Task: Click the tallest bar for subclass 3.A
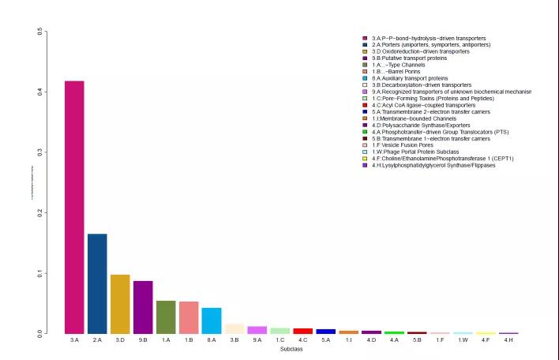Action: [74, 207]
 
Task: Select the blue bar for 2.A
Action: [97, 283]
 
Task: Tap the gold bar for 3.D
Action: [120, 304]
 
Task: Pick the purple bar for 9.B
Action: [143, 307]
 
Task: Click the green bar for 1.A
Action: [166, 317]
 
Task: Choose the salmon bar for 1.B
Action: [189, 317]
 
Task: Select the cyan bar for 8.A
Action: [212, 321]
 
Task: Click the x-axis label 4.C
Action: [303, 340]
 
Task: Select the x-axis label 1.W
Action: [463, 340]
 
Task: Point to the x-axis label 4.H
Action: [509, 340]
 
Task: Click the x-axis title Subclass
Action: [291, 348]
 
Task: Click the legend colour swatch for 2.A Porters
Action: [365, 45]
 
